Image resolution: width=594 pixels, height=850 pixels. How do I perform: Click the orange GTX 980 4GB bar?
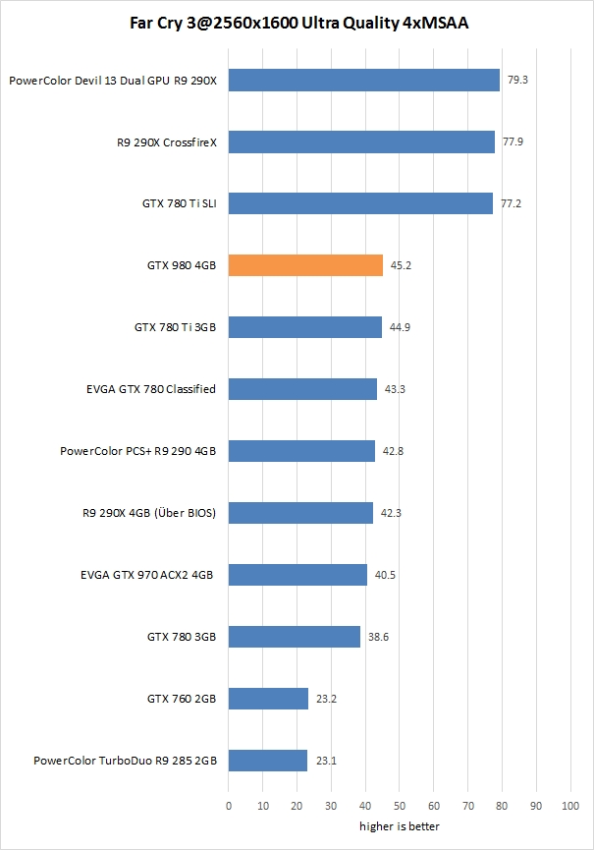[305, 265]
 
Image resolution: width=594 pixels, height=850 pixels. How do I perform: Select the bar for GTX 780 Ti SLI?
[360, 203]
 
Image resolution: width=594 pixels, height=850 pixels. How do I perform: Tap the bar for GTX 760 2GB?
[268, 699]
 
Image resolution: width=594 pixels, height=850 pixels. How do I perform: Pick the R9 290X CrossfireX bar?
[361, 142]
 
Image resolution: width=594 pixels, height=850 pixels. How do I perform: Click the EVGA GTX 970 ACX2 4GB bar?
[297, 575]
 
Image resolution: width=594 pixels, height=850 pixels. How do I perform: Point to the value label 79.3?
[516, 80]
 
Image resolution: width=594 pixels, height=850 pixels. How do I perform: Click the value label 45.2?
[401, 265]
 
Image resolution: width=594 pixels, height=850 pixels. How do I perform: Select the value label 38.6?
[378, 637]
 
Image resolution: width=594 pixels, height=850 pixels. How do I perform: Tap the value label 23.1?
[325, 761]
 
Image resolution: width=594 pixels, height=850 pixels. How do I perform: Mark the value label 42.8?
[393, 451]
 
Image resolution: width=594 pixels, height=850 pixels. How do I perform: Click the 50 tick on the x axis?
[399, 806]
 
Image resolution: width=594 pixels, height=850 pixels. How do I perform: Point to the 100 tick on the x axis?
[569, 806]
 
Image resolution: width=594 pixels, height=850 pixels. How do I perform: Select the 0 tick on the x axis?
[229, 806]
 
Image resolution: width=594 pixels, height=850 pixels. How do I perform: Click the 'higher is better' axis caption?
[399, 826]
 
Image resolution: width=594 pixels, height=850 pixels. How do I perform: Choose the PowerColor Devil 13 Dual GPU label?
[112, 81]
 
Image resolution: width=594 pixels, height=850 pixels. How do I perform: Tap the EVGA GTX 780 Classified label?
[151, 389]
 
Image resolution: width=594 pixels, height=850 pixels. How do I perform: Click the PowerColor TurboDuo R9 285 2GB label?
[125, 761]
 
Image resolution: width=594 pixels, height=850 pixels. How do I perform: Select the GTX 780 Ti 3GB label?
[175, 327]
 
